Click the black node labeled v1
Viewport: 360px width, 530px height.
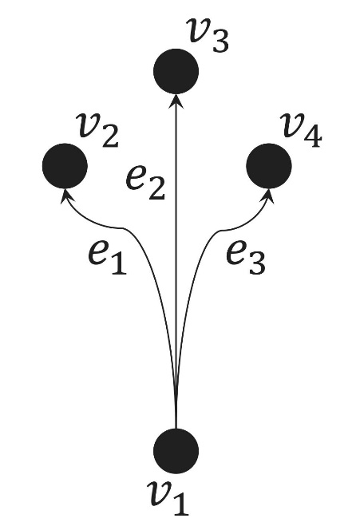coord(176,451)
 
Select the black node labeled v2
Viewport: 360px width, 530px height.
coord(65,166)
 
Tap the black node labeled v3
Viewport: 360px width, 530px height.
coord(176,71)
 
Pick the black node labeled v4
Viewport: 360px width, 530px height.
coord(269,166)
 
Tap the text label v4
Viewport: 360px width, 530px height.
coord(303,130)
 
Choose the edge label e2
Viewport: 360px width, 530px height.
coord(145,183)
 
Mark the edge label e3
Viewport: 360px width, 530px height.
coord(245,258)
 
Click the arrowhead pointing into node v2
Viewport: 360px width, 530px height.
coord(66,196)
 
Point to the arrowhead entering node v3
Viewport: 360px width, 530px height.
coord(176,101)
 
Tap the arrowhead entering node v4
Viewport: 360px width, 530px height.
coord(267,196)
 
